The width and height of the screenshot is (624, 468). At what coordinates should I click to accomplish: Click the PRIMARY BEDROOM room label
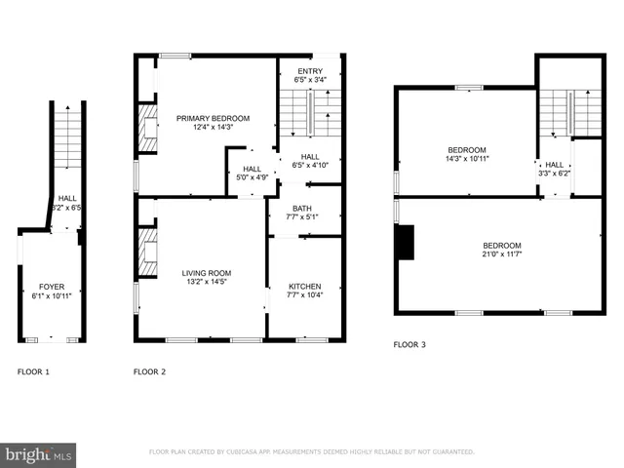click(x=213, y=118)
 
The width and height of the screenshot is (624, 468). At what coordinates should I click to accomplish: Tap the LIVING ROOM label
click(x=206, y=273)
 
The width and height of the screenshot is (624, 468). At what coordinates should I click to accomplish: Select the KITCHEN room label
click(x=304, y=286)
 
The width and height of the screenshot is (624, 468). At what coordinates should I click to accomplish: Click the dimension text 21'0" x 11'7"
click(x=501, y=255)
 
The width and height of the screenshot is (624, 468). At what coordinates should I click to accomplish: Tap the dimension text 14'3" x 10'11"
click(x=467, y=158)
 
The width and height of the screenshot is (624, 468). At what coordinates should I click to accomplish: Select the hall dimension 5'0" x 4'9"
click(x=252, y=177)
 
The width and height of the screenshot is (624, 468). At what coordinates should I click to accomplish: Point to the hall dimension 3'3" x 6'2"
click(x=554, y=174)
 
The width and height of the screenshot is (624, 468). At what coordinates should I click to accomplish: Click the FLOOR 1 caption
click(x=34, y=372)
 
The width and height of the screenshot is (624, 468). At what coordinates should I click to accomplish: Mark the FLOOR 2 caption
click(x=149, y=372)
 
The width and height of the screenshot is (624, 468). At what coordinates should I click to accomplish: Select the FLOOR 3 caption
click(x=409, y=344)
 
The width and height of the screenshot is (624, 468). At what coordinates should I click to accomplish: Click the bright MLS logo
click(x=39, y=454)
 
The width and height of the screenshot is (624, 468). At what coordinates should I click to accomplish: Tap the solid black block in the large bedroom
click(x=405, y=242)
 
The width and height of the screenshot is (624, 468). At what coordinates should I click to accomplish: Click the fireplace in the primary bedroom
click(x=147, y=128)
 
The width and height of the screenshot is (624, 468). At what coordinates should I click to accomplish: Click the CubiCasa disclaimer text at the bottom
click(x=311, y=452)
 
